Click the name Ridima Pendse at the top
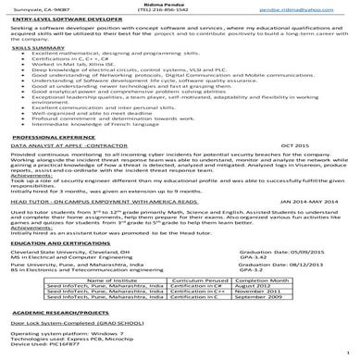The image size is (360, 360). [x=180, y=6]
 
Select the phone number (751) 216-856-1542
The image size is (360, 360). [x=180, y=14]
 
